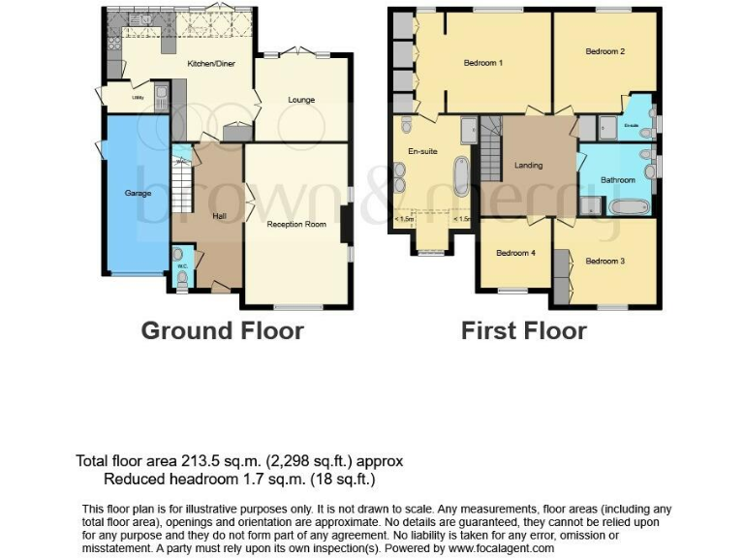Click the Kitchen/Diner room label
click(x=211, y=63)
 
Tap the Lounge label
click(x=301, y=100)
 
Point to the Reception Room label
click(x=296, y=224)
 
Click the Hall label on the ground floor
click(x=219, y=217)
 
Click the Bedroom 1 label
click(x=482, y=63)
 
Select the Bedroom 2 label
click(x=604, y=51)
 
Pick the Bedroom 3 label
click(x=604, y=261)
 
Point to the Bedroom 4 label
click(x=515, y=254)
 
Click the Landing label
click(x=528, y=165)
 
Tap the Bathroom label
click(x=617, y=180)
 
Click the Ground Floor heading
click(x=222, y=330)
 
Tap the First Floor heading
click(x=523, y=330)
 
